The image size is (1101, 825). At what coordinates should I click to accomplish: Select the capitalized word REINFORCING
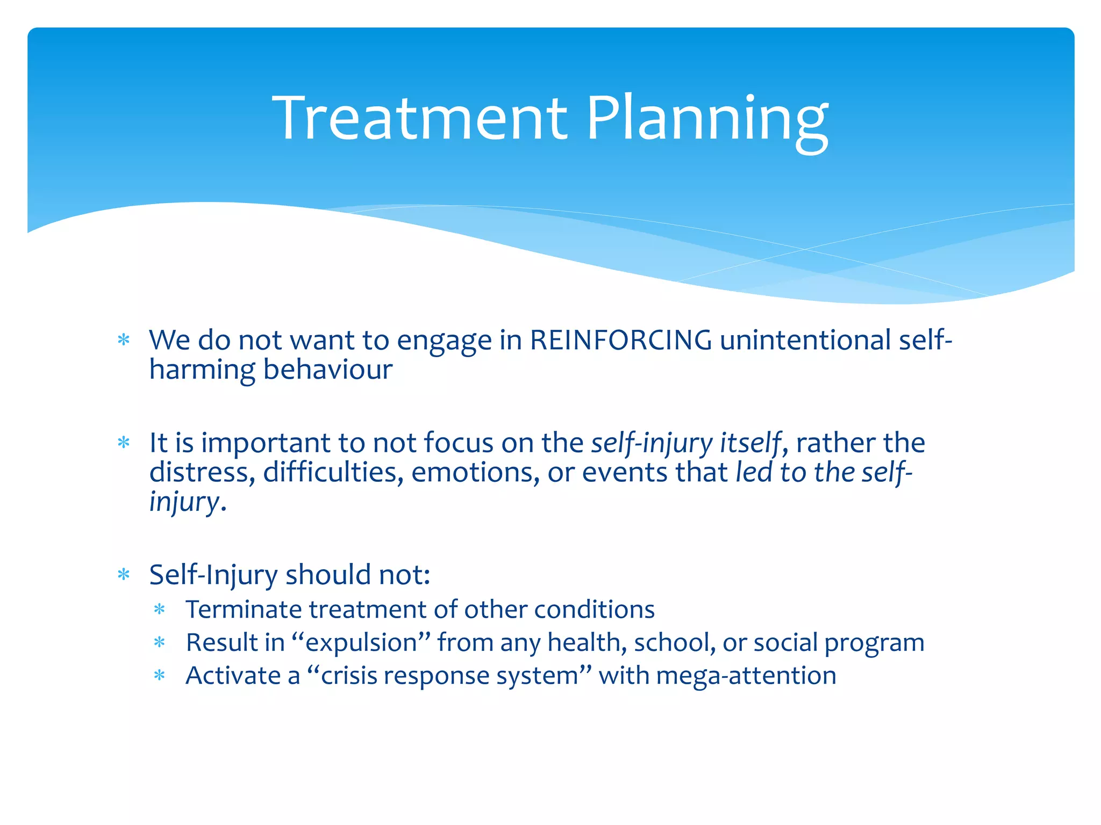click(x=620, y=340)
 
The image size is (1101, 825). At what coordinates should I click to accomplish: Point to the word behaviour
click(x=328, y=370)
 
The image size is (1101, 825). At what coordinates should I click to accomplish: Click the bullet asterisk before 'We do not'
click(x=124, y=341)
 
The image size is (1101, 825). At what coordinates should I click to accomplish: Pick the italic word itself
click(x=749, y=443)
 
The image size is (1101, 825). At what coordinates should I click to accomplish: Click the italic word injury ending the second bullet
click(x=184, y=502)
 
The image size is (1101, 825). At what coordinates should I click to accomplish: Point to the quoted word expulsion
click(x=361, y=643)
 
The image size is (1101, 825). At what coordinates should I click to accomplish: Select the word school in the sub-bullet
click(x=674, y=642)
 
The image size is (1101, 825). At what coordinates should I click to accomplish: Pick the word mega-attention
click(x=746, y=676)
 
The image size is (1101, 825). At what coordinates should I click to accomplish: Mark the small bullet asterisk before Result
click(x=159, y=643)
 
